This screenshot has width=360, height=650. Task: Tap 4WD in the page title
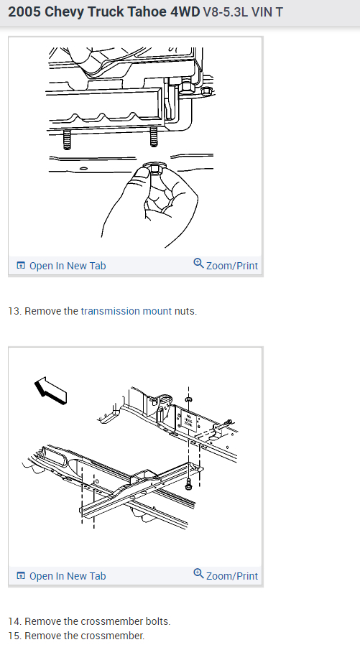click(x=185, y=12)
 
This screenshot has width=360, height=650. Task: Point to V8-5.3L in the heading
click(x=226, y=12)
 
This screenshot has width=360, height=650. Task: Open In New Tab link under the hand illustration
click(x=61, y=266)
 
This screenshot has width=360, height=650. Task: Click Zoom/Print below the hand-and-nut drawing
click(x=226, y=265)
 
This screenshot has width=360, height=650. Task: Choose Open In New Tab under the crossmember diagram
click(x=61, y=576)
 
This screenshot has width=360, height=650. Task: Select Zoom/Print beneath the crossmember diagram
click(x=226, y=575)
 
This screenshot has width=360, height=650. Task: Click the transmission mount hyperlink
click(x=126, y=311)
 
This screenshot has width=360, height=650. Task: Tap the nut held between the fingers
click(x=154, y=168)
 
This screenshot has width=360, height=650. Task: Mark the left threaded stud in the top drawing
click(x=67, y=139)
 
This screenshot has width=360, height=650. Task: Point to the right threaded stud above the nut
click(x=154, y=136)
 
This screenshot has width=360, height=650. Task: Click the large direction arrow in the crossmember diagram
click(x=50, y=391)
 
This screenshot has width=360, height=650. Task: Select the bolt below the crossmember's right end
click(x=189, y=483)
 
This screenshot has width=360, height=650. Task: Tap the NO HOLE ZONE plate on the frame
click(x=188, y=420)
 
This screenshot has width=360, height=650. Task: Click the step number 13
click(x=15, y=311)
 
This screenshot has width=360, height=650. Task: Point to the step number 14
click(x=15, y=621)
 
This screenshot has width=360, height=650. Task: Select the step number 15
click(x=15, y=636)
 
